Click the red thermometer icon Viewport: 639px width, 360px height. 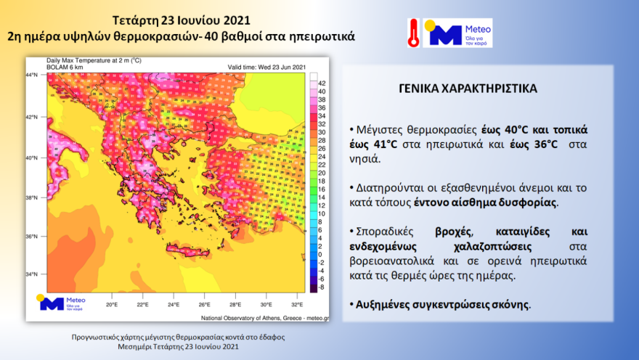413,33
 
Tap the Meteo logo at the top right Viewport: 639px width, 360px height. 457,33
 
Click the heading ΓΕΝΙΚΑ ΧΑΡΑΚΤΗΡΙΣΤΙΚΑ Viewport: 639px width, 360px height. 468,89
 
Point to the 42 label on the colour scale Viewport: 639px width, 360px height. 321,83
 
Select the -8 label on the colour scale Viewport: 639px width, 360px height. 321,287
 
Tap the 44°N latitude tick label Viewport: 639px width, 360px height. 32,75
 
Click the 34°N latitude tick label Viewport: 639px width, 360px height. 32,274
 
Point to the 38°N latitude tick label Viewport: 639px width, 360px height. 32,197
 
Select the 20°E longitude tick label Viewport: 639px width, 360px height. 112,305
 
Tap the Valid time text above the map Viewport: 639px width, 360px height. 267,67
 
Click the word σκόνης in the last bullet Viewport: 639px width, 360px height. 513,304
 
